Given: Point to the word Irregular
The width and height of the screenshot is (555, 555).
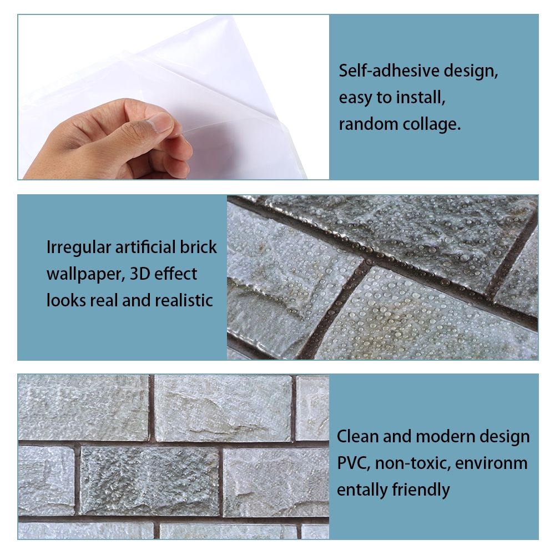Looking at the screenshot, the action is click(79, 248).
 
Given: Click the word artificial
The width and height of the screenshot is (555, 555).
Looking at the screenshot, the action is click(145, 247).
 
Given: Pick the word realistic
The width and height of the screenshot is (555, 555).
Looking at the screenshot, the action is click(184, 300).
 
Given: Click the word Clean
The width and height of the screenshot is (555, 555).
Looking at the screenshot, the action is click(358, 436).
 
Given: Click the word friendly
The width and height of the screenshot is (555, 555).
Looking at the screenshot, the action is click(421, 491).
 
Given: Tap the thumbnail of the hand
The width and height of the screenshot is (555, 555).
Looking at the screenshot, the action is click(173, 97).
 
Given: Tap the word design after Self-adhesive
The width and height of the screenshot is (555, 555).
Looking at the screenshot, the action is click(471, 71).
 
